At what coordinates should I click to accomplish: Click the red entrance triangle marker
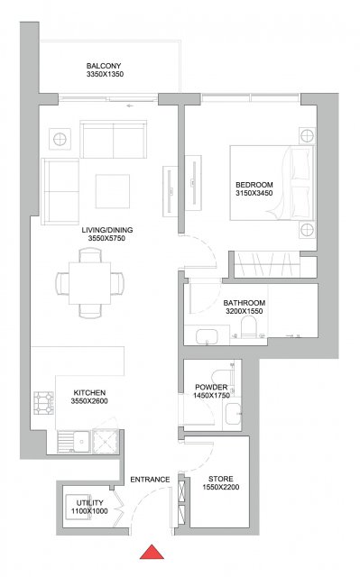pos(152,553)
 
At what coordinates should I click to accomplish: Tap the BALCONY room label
pos(104,66)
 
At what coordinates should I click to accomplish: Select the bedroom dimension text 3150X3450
pos(254,193)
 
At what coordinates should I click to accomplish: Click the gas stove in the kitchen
pos(44,403)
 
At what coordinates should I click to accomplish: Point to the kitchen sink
pos(74,442)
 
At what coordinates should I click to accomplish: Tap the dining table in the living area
pos(90,283)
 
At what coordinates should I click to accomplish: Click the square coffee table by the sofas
pos(113,191)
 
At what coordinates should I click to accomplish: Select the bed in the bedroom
pos(272,183)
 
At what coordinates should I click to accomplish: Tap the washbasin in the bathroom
pos(207,336)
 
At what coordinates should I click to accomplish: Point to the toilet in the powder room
pos(220,376)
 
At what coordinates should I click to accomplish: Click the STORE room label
pos(221,479)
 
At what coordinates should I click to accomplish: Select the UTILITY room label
pos(90,503)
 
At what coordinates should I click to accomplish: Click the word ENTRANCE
pos(150,480)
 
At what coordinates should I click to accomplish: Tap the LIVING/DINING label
pos(107,230)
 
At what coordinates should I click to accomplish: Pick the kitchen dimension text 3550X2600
pos(89,401)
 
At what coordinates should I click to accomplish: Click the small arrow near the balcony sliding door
pos(130,106)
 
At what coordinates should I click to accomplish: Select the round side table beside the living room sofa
pos(60,139)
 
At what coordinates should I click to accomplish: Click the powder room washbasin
pos(234,414)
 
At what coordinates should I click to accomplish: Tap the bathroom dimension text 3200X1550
pos(245,311)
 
